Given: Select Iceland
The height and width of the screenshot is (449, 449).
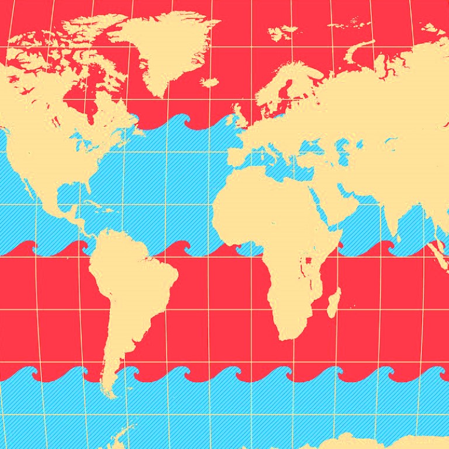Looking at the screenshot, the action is pos(209,82).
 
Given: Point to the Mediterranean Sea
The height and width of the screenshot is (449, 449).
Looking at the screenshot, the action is pos(286,164).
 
